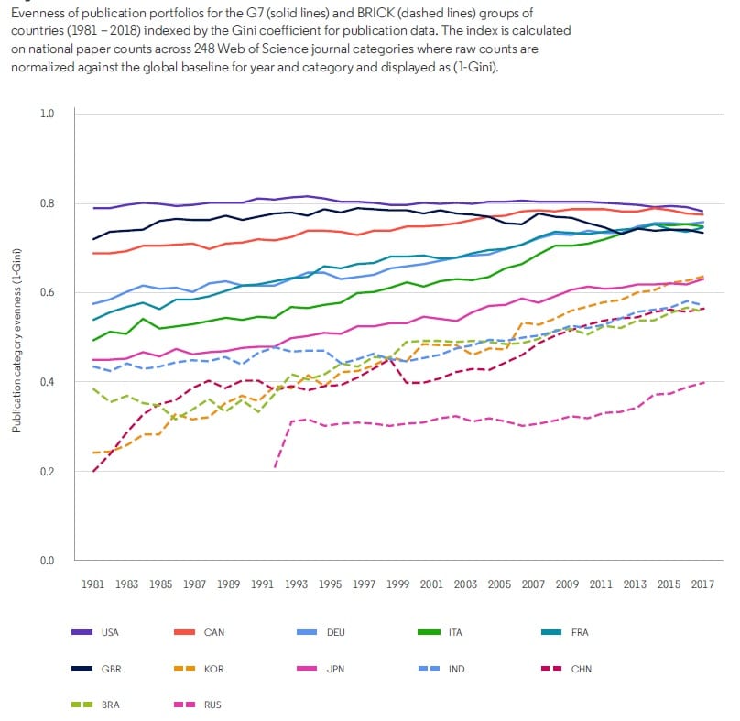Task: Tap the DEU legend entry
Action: (x=335, y=632)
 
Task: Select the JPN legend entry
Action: (x=335, y=669)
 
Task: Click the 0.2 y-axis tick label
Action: (x=48, y=472)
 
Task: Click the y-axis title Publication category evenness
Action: (x=16, y=337)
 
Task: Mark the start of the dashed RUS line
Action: (x=274, y=467)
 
